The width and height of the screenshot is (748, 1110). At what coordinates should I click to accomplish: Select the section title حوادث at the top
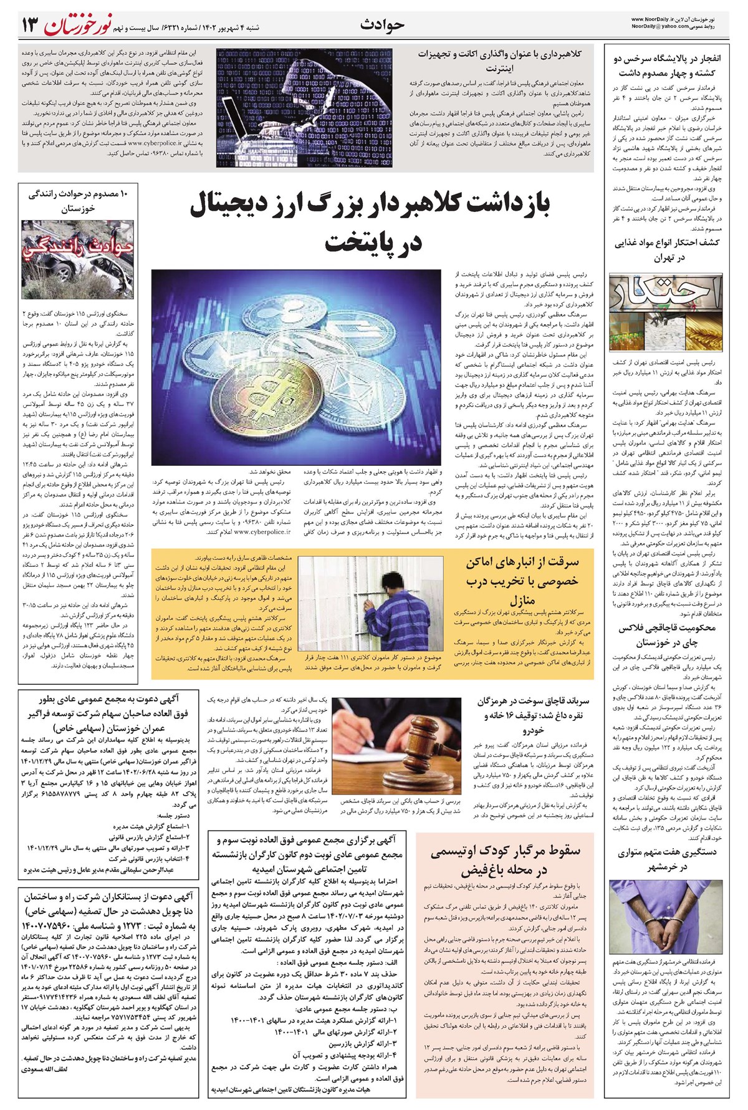[383, 24]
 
